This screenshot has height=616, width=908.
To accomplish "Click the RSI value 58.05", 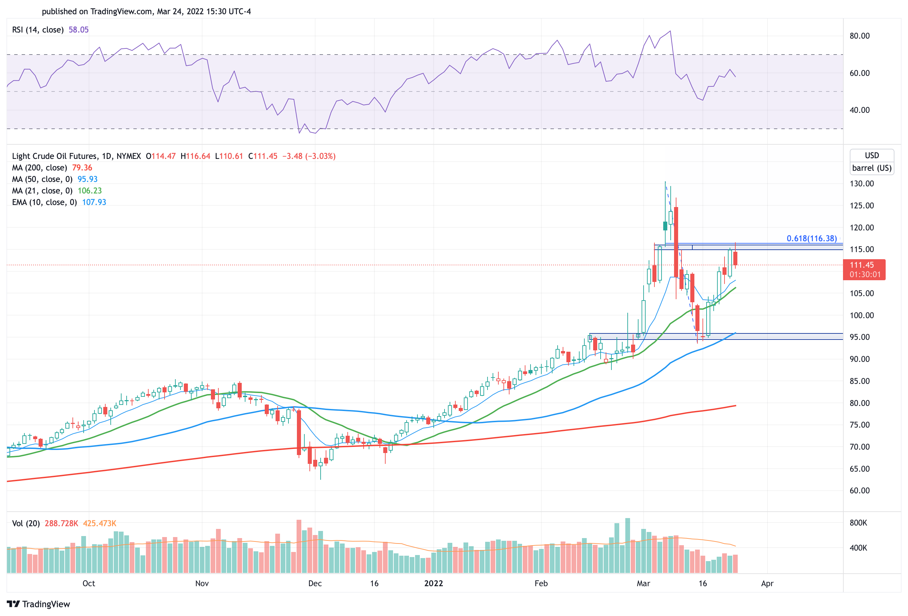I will click(79, 30).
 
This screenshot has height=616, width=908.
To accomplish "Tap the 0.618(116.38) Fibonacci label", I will click(812, 238).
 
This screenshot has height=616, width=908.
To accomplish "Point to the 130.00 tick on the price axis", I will click(861, 183).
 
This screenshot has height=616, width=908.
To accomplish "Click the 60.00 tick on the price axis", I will click(859, 490).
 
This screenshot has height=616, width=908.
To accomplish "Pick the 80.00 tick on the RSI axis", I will click(859, 36).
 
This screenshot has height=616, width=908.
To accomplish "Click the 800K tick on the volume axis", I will click(858, 522).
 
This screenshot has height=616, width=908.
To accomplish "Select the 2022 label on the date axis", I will click(433, 583).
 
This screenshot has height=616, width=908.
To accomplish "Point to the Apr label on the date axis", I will click(767, 583).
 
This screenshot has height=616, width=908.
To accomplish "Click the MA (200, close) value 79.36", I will click(82, 167).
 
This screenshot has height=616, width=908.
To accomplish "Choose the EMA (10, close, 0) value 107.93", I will click(94, 202).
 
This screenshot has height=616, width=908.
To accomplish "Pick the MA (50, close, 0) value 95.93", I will click(88, 179).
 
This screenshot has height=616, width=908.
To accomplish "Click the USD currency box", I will click(871, 155).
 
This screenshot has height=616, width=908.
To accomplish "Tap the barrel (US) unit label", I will click(871, 168).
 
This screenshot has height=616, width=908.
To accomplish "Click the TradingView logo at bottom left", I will click(38, 604).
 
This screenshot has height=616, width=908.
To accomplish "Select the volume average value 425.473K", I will click(100, 523).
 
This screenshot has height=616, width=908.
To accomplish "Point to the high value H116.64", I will click(195, 156).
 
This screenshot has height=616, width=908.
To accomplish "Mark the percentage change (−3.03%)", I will click(320, 156).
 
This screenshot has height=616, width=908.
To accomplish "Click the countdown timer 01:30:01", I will click(865, 274).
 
